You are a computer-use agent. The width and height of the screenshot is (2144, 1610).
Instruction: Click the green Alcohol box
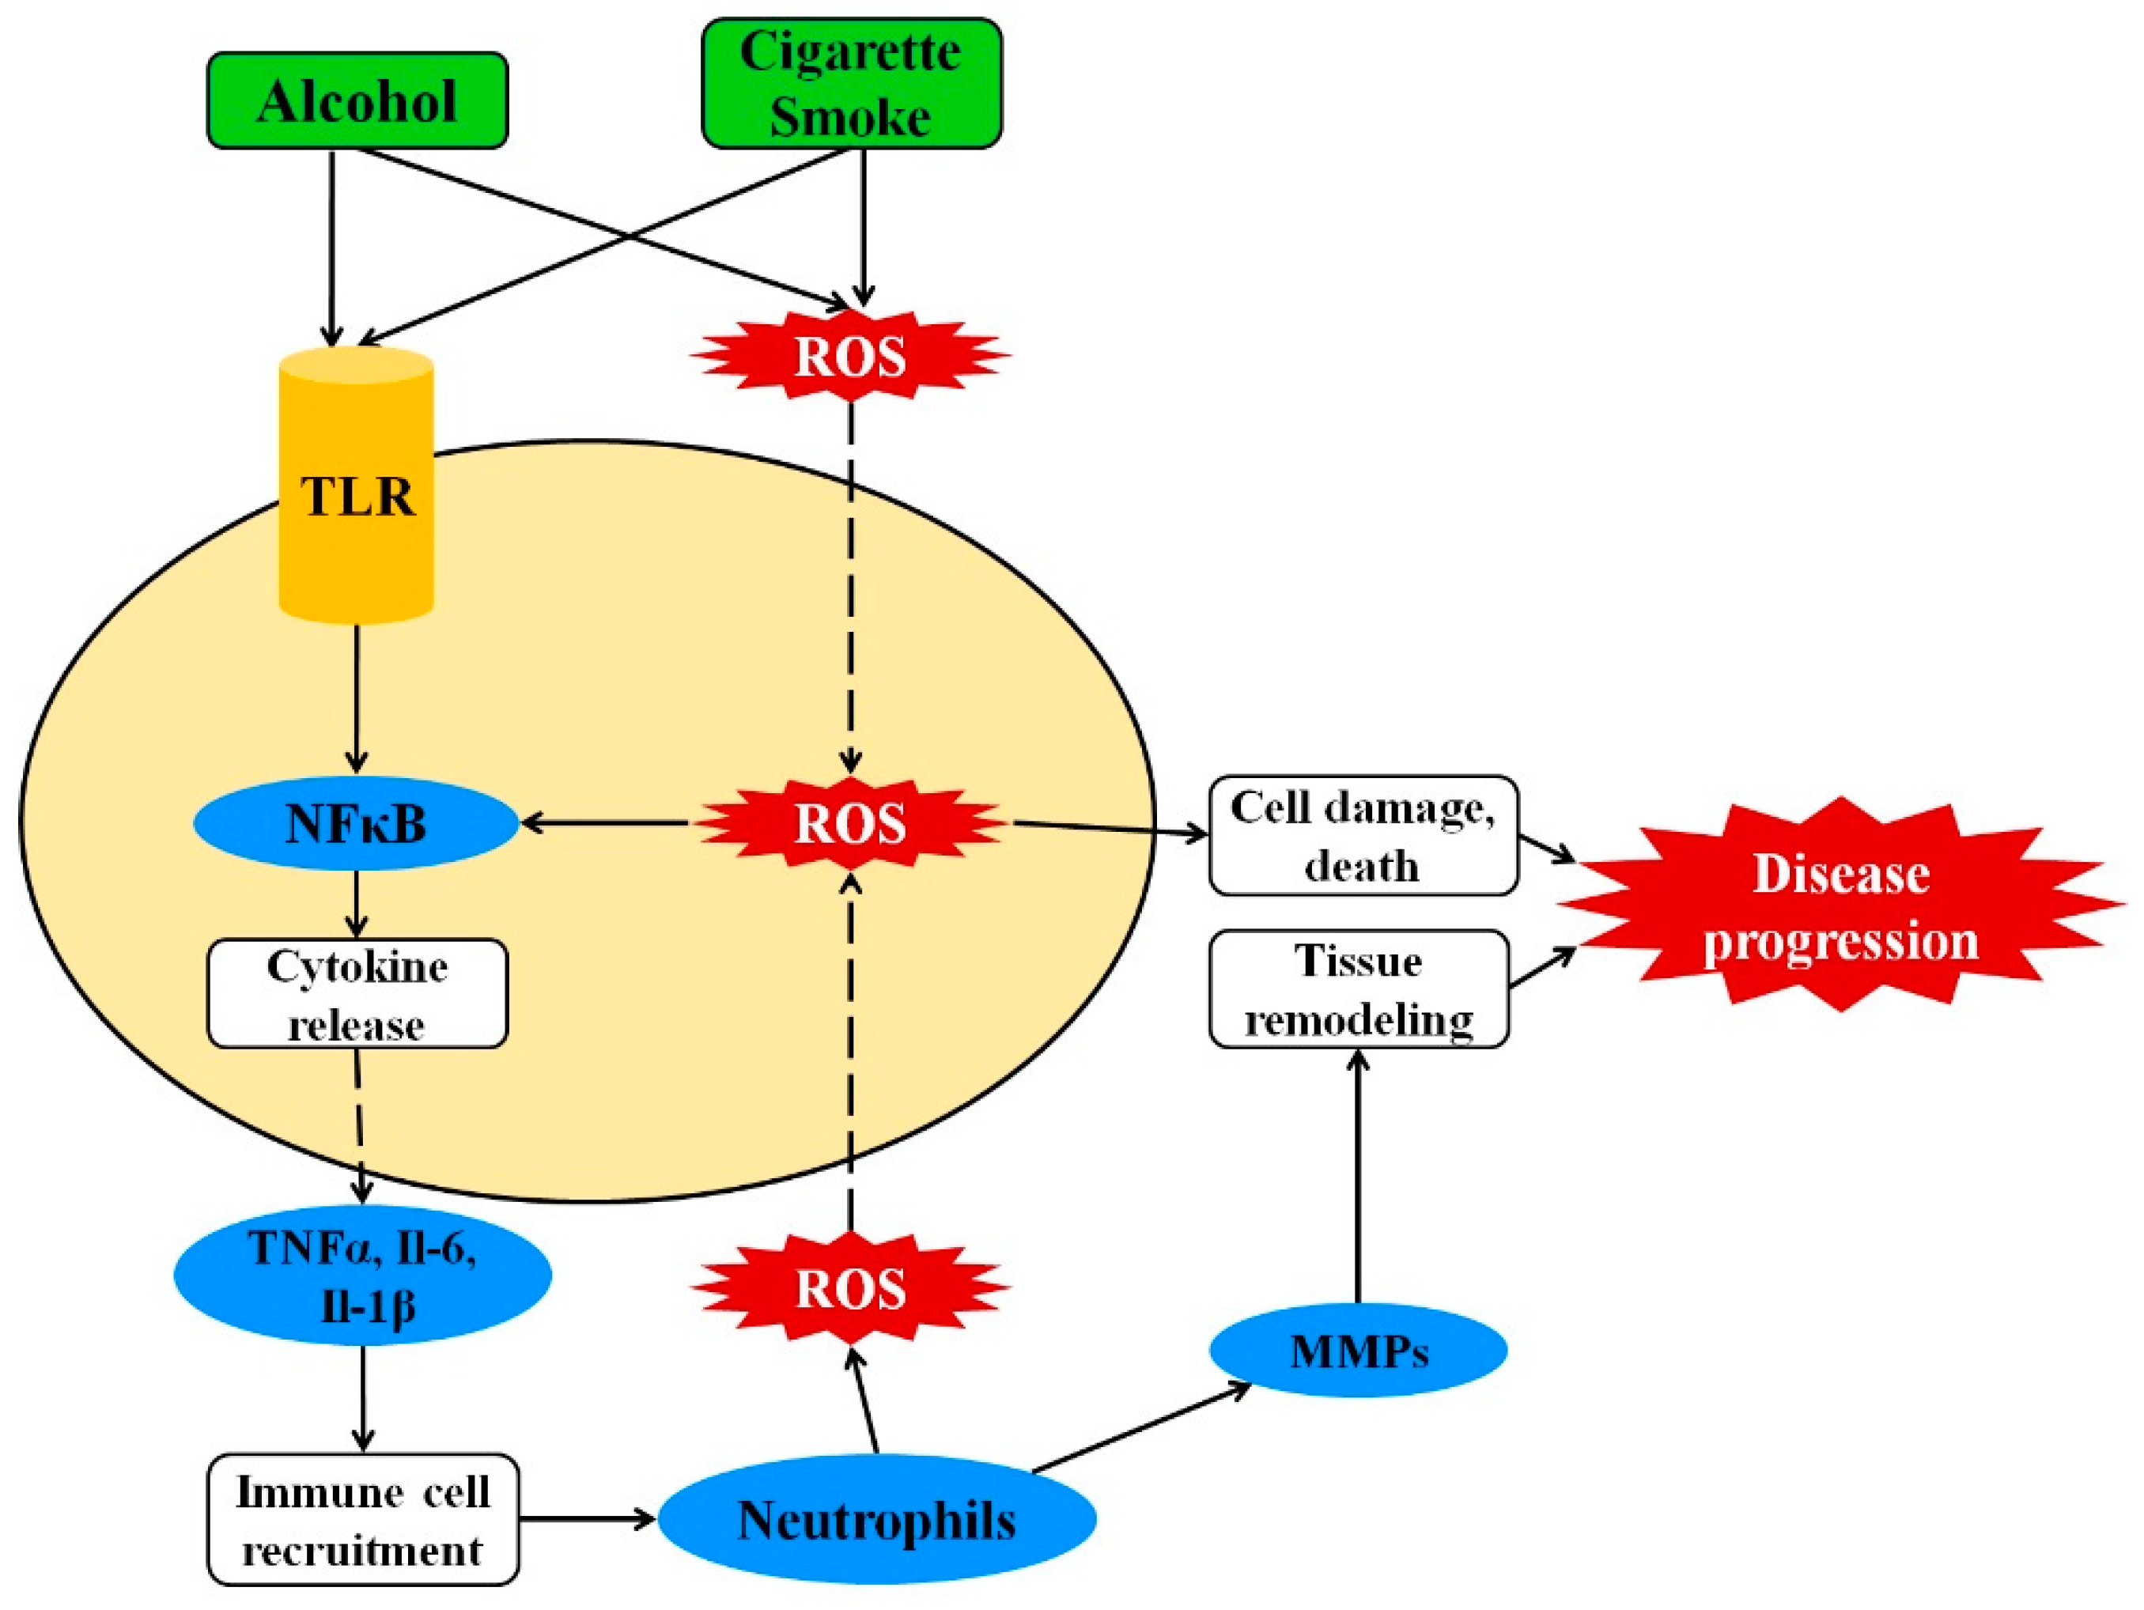pyautogui.click(x=357, y=100)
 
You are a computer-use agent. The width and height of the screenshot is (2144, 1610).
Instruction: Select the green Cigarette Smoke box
pyautogui.click(x=850, y=83)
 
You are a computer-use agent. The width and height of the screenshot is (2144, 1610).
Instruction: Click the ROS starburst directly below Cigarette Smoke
pyautogui.click(x=850, y=356)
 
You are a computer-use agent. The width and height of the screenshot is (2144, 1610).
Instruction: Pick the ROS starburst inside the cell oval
pyautogui.click(x=850, y=823)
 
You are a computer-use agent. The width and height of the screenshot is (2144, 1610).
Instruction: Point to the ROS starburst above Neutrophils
pyautogui.click(x=850, y=1288)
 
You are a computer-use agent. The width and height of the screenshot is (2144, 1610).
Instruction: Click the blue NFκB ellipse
pyautogui.click(x=356, y=825)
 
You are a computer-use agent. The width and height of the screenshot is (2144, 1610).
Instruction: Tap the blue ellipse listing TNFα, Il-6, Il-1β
pyautogui.click(x=362, y=1276)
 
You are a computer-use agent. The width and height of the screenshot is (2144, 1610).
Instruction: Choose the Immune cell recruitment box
pyautogui.click(x=362, y=1519)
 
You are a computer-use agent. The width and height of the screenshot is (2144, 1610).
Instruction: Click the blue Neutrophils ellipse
pyautogui.click(x=876, y=1519)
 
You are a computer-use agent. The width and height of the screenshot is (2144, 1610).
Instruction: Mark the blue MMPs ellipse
pyautogui.click(x=1358, y=1350)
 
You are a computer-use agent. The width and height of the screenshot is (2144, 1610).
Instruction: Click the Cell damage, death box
pyautogui.click(x=1362, y=836)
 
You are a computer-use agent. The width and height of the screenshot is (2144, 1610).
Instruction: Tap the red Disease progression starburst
pyautogui.click(x=1840, y=906)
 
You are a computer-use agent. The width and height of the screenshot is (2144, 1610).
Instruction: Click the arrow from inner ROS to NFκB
pyautogui.click(x=606, y=824)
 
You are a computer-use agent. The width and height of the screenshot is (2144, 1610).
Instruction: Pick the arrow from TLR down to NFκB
pyautogui.click(x=357, y=698)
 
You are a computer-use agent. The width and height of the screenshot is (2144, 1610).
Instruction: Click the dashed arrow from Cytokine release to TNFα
pyautogui.click(x=361, y=1124)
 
